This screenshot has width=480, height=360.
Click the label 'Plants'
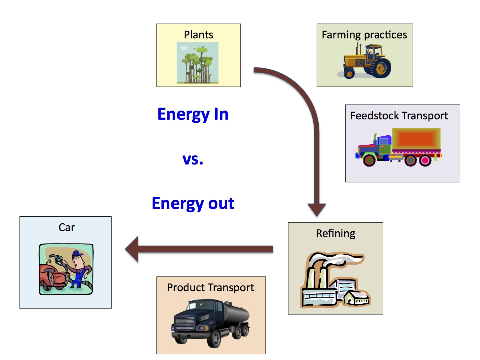[x=198, y=35]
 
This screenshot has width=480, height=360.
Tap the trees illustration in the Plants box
[x=197, y=63]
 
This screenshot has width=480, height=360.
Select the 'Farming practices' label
[x=364, y=35]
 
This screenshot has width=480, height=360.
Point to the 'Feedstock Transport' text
[x=399, y=116]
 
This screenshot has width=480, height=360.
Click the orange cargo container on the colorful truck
[x=416, y=139]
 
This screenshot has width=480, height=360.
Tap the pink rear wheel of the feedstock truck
[x=425, y=160]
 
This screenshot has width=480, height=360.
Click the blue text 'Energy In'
[x=193, y=114]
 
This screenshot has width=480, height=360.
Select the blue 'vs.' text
[x=193, y=159]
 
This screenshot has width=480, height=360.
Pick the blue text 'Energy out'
[x=193, y=204]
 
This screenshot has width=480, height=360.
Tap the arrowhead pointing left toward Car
[x=132, y=249]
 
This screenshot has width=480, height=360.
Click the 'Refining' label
[x=335, y=233]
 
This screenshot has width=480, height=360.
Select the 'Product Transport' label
[x=210, y=287]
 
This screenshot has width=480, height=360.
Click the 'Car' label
[x=67, y=227]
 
